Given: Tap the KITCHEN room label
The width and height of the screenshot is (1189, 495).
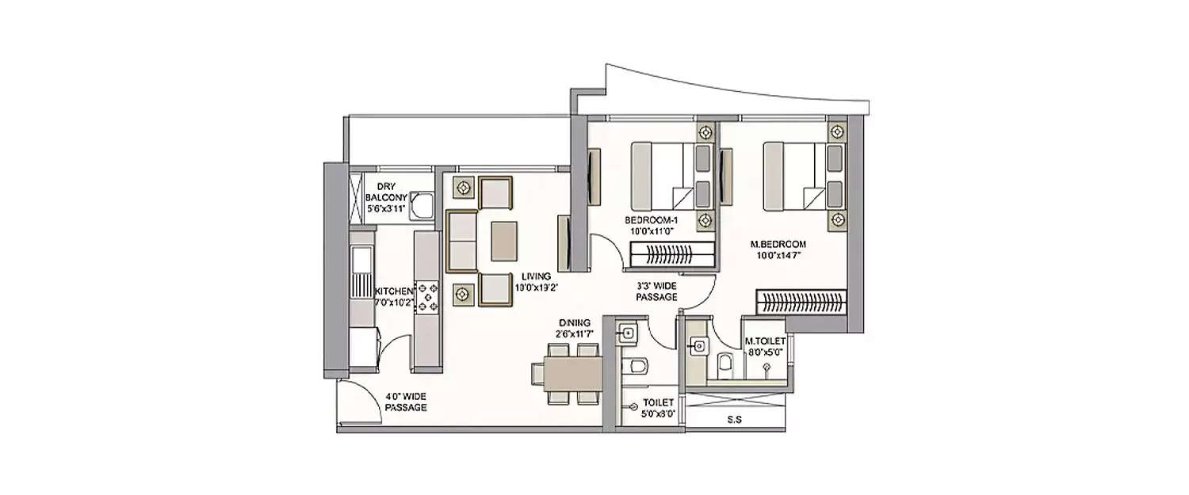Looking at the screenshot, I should tap(394, 296).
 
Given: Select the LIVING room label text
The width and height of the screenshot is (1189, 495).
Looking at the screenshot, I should tap(535, 282).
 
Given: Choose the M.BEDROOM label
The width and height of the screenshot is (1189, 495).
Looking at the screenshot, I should tap(778, 250).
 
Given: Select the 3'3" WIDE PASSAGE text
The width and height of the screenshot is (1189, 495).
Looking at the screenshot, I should tap(656, 291).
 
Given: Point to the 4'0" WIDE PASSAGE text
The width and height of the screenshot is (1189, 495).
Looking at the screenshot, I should tap(406, 402).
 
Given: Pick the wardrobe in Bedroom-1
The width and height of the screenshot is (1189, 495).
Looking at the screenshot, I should tap(673, 255).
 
